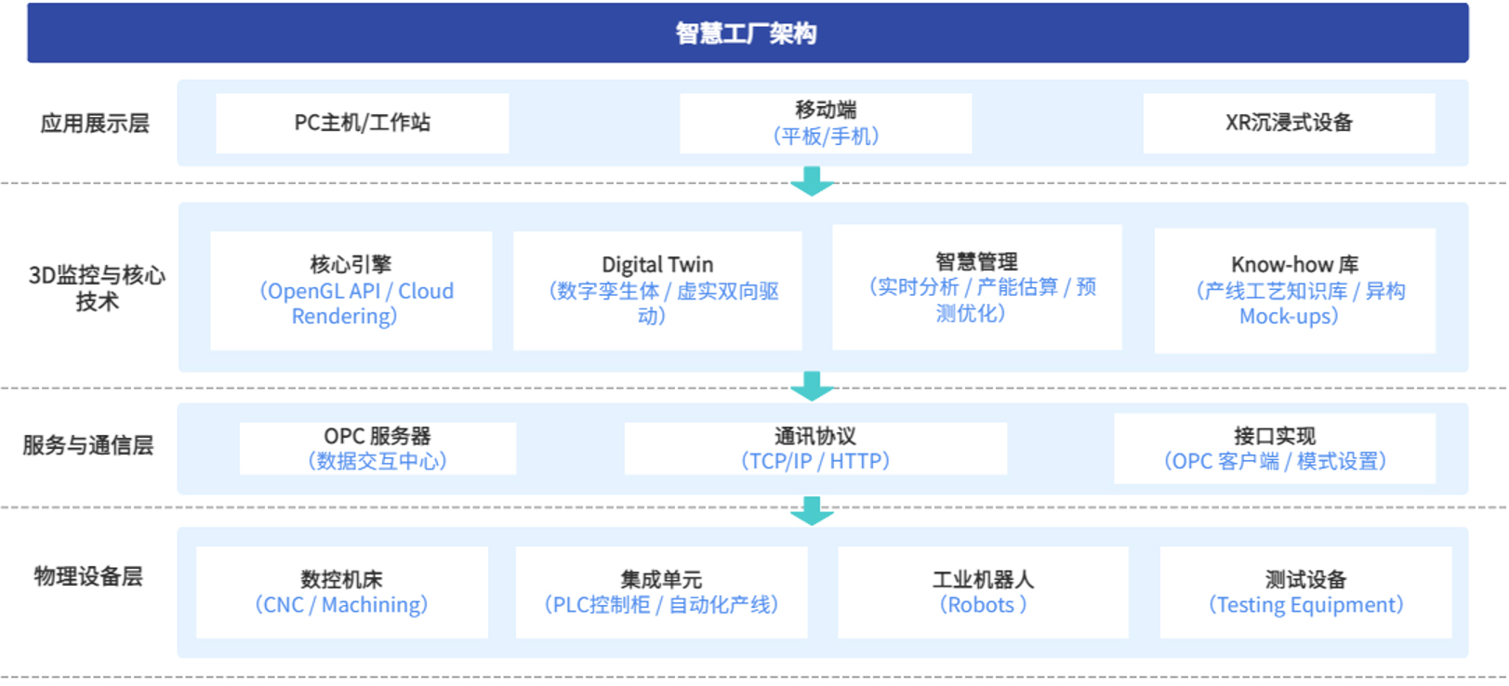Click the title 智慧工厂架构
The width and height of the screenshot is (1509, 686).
pyautogui.click(x=747, y=33)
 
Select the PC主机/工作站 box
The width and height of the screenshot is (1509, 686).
pyautogui.click(x=363, y=124)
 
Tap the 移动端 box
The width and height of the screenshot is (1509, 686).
pyautogui.click(x=826, y=124)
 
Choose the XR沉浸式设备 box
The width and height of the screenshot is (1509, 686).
pyautogui.click(x=1289, y=124)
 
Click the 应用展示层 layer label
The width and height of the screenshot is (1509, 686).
pyautogui.click(x=95, y=124)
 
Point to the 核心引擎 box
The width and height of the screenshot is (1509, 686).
pyautogui.click(x=351, y=291)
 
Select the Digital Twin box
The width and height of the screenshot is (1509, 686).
pyautogui.click(x=657, y=291)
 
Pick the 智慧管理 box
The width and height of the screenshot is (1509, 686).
pyautogui.click(x=977, y=287)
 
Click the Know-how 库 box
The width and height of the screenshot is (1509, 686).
pyautogui.click(x=1295, y=291)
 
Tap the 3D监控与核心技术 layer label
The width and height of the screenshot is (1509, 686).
pyautogui.click(x=97, y=288)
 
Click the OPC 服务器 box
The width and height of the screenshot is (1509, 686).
pyautogui.click(x=377, y=448)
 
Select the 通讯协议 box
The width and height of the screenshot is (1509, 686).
pyautogui.click(x=815, y=448)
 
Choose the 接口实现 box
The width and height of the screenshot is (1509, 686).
pyautogui.click(x=1275, y=448)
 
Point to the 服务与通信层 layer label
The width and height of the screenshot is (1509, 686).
pyautogui.click(x=88, y=445)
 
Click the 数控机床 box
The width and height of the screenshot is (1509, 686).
pyautogui.click(x=342, y=592)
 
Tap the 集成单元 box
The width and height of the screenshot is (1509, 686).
pyautogui.click(x=662, y=592)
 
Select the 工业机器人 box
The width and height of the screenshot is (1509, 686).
pyautogui.click(x=983, y=592)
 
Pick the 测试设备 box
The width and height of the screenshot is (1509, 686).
pyautogui.click(x=1305, y=592)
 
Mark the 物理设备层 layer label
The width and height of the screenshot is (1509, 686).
pyautogui.click(x=88, y=577)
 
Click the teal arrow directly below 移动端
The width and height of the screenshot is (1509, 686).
pyautogui.click(x=812, y=181)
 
